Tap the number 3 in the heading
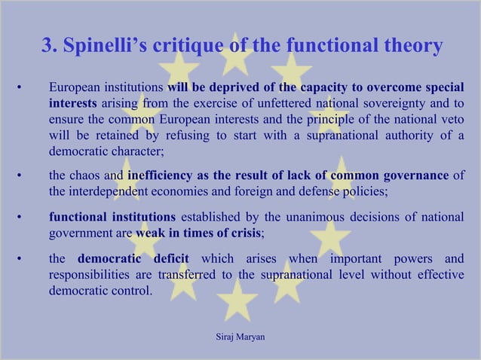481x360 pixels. [47, 46]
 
